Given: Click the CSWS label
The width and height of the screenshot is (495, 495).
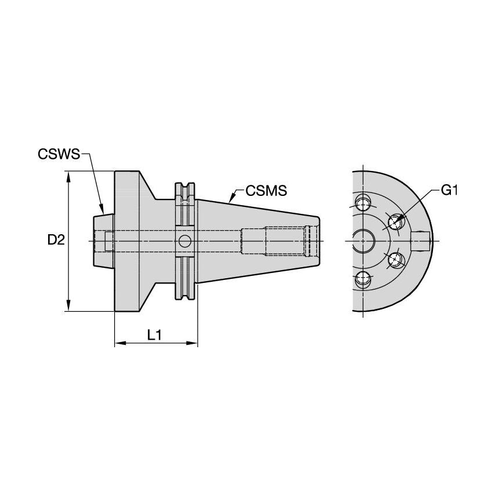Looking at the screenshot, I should [x=59, y=154].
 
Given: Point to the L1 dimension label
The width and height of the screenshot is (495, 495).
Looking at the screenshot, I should [x=154, y=334].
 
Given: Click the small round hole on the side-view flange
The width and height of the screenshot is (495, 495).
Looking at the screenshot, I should [x=185, y=241].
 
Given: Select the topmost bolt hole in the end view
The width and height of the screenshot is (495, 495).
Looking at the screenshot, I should [x=363, y=203].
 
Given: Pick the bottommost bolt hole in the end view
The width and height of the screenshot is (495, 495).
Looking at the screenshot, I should [x=363, y=279].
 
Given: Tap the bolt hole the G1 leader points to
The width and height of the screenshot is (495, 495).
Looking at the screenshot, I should [x=395, y=221].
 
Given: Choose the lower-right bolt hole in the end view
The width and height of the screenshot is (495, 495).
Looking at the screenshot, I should [x=395, y=260].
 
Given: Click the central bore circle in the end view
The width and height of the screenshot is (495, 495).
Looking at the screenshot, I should [x=363, y=240].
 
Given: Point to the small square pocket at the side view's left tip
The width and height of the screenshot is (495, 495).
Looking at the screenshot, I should [x=108, y=241].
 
